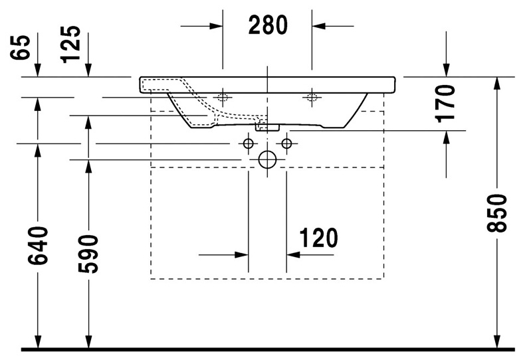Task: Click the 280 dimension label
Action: click(x=268, y=25)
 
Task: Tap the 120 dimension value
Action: click(x=318, y=238)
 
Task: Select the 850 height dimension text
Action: click(x=496, y=213)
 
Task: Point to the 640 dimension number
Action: click(x=38, y=246)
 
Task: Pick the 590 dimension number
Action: click(x=88, y=254)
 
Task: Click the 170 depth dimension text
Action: click(x=445, y=104)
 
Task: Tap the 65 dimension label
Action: click(x=20, y=47)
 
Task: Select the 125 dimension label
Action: click(x=71, y=45)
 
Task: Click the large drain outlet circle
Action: click(x=268, y=159)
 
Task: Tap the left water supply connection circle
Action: click(x=248, y=143)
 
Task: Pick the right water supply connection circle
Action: click(x=286, y=143)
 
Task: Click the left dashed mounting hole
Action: click(x=223, y=98)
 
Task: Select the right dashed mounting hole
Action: click(x=312, y=98)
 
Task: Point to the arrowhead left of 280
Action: click(x=216, y=26)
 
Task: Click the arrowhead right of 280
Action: click(x=318, y=26)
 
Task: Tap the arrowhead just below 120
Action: click(x=293, y=255)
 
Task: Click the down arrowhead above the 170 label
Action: click(x=447, y=70)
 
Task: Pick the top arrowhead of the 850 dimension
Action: click(x=497, y=84)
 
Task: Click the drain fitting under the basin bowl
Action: click(x=268, y=128)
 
